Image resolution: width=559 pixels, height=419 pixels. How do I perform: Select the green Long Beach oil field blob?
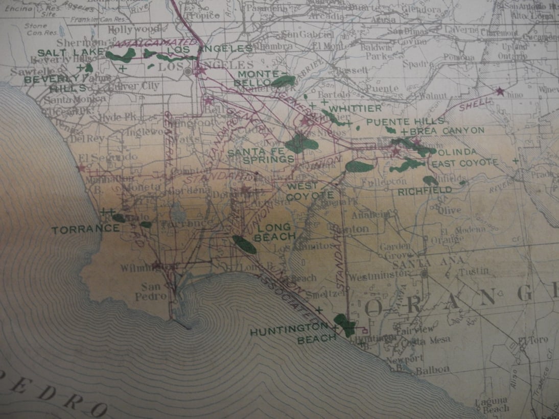click(244, 244)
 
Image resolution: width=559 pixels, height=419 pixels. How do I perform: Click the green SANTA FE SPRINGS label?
click(261, 156)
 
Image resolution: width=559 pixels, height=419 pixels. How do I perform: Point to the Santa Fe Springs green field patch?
click(301, 144)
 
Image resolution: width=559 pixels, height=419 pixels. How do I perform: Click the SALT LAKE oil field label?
click(71, 53)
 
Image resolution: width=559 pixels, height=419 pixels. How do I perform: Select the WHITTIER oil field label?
click(355, 109)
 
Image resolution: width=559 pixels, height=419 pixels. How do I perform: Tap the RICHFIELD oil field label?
click(425, 190)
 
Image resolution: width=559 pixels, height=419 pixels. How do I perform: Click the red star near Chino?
click(499, 92)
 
